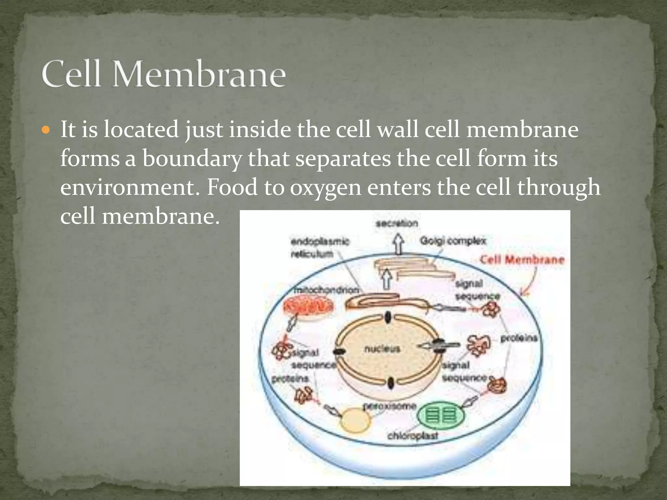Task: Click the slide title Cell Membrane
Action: (164, 74)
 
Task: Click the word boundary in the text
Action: (192, 159)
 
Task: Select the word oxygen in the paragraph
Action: (325, 188)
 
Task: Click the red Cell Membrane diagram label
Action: (522, 260)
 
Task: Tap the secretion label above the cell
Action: (397, 224)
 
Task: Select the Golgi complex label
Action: (453, 241)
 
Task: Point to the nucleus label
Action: (382, 349)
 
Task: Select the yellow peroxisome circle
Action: (355, 421)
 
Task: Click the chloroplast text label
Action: (413, 436)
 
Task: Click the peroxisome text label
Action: (390, 406)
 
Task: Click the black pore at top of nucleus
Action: (388, 317)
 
